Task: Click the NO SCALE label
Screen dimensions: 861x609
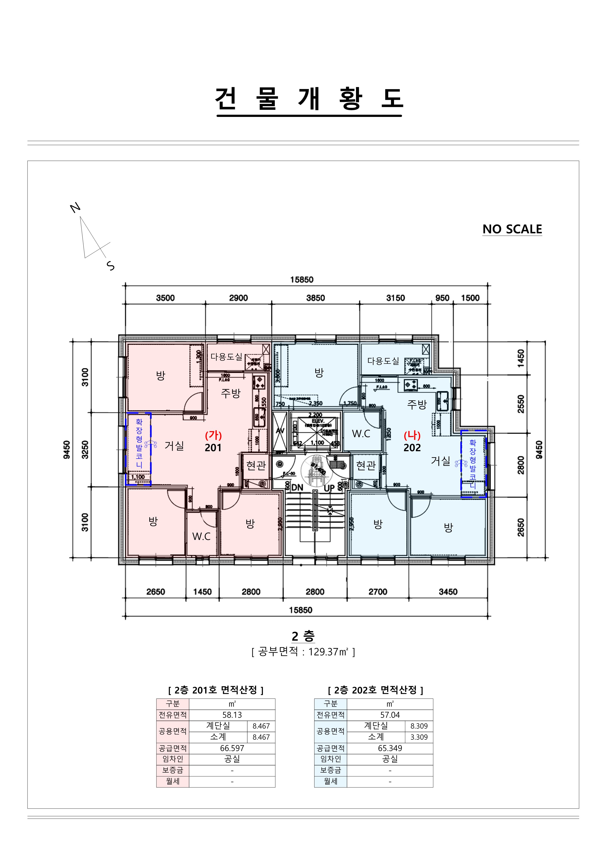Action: (x=512, y=229)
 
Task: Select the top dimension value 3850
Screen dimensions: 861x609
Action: (x=315, y=298)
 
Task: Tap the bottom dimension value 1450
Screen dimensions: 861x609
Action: (x=202, y=592)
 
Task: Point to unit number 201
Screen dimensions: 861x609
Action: (x=213, y=448)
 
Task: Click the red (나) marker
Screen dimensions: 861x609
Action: (x=412, y=435)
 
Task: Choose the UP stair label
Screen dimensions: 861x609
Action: (x=329, y=488)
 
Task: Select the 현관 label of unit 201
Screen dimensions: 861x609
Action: (x=256, y=465)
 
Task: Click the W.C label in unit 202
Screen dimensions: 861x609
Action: (x=361, y=434)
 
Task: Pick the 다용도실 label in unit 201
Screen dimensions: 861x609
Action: (x=226, y=357)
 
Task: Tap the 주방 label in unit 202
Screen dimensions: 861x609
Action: (x=417, y=404)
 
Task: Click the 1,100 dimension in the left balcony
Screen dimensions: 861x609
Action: (x=138, y=477)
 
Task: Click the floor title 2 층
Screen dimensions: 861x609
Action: (x=303, y=636)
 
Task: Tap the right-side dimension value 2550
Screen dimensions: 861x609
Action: (x=521, y=404)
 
